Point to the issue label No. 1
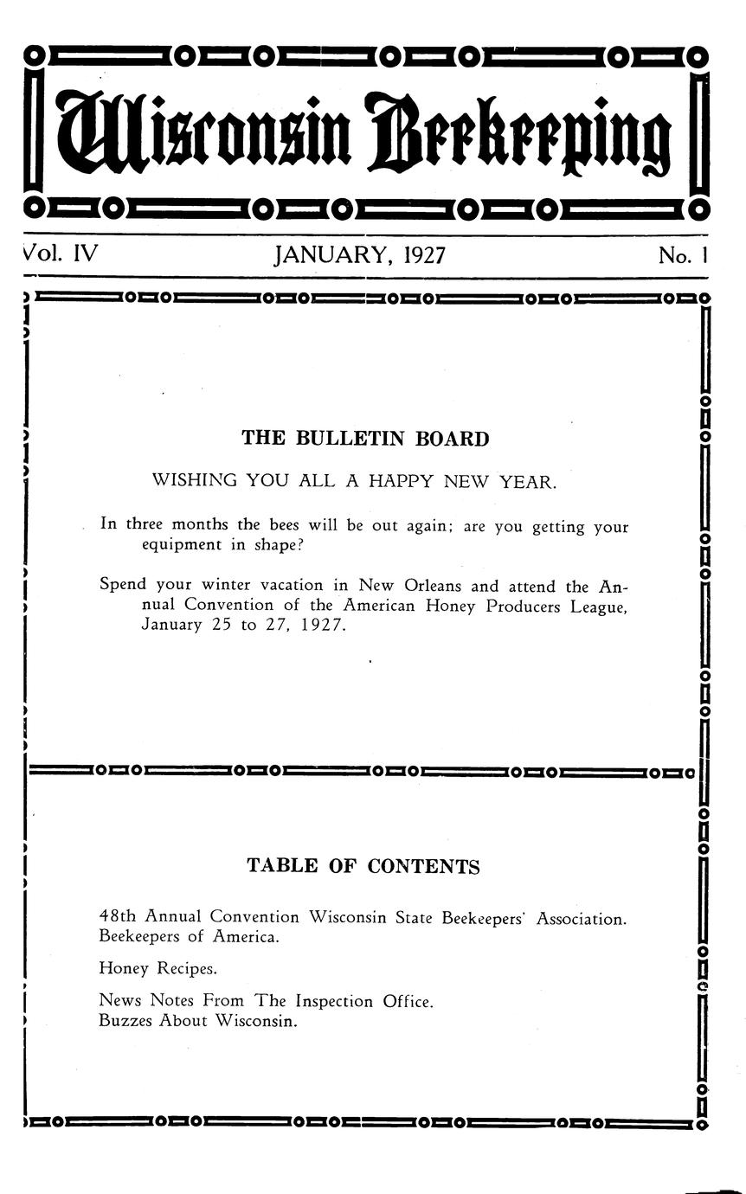point(683,255)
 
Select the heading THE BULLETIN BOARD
point(365,439)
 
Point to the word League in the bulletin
point(597,607)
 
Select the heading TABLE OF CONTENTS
point(363,866)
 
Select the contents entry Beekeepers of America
point(189,937)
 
